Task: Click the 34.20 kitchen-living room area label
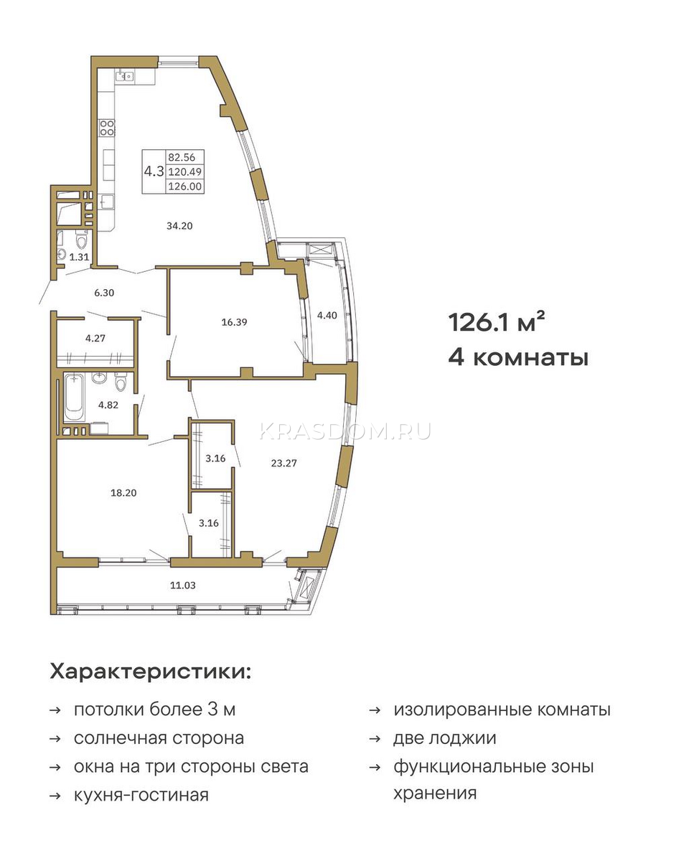pos(179,226)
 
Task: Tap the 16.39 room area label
pos(234,321)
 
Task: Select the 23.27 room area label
pos(283,464)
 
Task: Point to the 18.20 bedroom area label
pos(123,493)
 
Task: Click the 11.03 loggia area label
pos(183,585)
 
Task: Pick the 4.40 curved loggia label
pos(327,315)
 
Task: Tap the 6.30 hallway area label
pos(104,293)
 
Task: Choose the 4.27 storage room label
pos(95,338)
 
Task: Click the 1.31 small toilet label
pos(79,258)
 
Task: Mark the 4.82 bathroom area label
pos(108,405)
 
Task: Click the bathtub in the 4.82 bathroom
pos(75,397)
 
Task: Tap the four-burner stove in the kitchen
pos(107,128)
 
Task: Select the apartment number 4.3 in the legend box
pos(154,171)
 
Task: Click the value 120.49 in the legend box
pos(185,172)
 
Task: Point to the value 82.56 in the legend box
pos(182,157)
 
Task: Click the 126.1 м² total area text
pos(497,322)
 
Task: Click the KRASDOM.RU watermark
pos(345,431)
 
